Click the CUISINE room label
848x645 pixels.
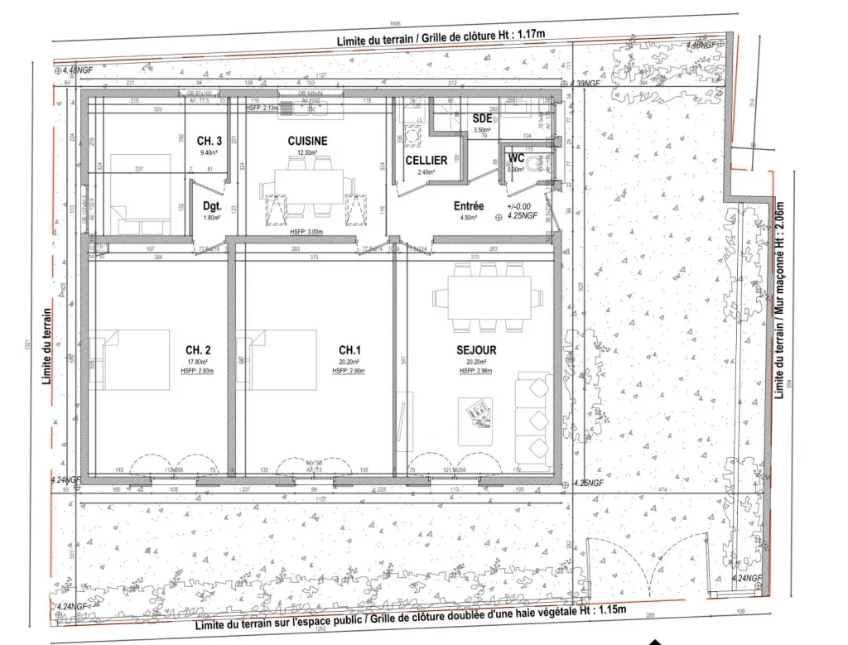point(307,141)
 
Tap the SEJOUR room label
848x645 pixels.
point(476,350)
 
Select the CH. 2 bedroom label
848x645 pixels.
point(202,350)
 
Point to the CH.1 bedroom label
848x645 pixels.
point(349,350)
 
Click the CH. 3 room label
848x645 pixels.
point(210,141)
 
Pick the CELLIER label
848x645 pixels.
point(426,160)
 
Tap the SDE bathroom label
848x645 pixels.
point(482,118)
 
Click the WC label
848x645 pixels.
point(516,157)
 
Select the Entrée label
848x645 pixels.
point(470,206)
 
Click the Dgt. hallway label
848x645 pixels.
point(211,206)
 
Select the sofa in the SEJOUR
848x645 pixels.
point(532,420)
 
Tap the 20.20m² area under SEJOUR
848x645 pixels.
point(476,362)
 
